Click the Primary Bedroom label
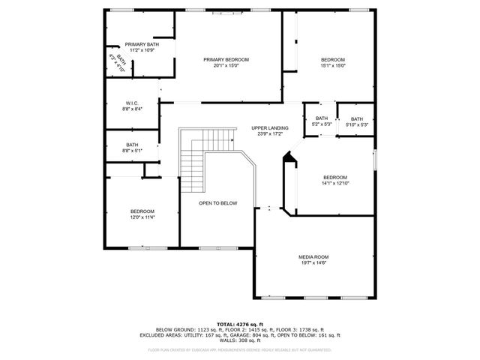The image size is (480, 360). (226, 59)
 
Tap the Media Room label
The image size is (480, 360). (313, 257)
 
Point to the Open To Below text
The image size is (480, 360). (217, 203)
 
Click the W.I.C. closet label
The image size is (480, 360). (131, 103)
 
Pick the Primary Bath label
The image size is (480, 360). (141, 45)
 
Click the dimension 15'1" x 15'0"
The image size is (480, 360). (332, 66)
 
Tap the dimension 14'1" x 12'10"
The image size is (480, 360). (335, 183)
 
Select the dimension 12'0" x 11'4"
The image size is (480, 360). (142, 217)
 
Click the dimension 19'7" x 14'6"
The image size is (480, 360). (313, 263)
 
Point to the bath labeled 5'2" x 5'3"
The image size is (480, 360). (321, 124)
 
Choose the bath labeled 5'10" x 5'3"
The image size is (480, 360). (356, 124)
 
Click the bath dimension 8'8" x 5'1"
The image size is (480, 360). (132, 151)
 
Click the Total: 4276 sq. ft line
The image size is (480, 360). (239, 324)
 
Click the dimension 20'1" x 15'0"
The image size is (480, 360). (226, 65)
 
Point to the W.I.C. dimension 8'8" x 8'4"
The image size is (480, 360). (131, 109)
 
